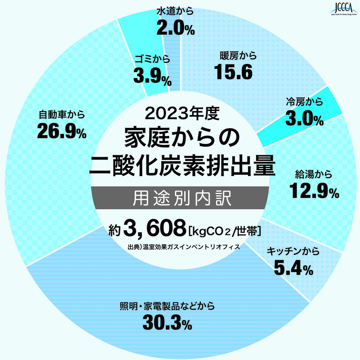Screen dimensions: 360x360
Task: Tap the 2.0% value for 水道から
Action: tap(176, 28)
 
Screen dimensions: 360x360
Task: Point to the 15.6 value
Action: tap(234, 72)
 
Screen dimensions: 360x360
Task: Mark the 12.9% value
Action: tap(314, 192)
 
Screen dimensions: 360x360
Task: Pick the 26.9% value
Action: tap(62, 132)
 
